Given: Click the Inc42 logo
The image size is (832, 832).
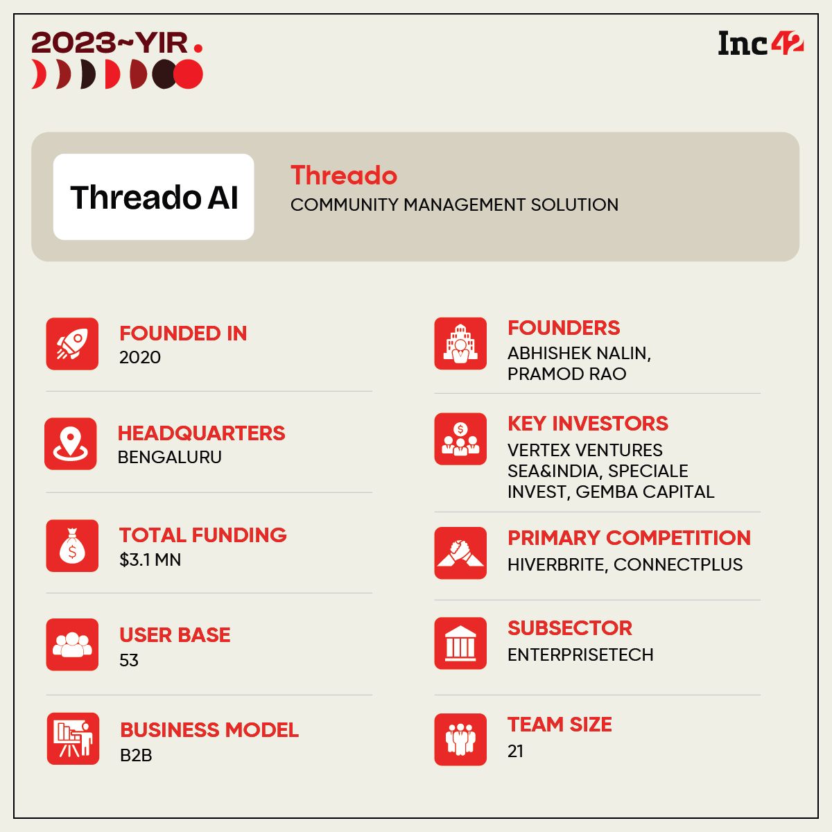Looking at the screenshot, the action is click(x=761, y=43).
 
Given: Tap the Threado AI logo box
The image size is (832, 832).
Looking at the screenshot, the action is click(x=153, y=197).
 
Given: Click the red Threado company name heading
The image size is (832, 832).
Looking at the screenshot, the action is click(x=344, y=175).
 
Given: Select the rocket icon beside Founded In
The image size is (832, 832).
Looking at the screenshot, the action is click(x=72, y=344).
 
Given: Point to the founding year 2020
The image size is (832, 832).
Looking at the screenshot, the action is click(x=140, y=358).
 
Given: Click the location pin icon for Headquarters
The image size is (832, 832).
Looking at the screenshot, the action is click(x=71, y=444).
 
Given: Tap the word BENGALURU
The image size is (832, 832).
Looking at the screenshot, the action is click(x=170, y=457).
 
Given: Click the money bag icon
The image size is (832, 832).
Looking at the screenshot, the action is click(x=72, y=546).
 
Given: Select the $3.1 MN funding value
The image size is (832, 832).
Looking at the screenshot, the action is click(x=150, y=560).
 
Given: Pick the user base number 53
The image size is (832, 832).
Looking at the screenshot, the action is click(x=129, y=660).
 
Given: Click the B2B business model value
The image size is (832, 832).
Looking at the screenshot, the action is click(x=136, y=756).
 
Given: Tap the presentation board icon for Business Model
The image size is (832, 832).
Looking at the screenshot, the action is click(x=73, y=738).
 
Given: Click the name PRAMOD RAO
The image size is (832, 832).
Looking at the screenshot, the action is click(x=567, y=374).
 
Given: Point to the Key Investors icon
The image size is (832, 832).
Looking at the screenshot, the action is click(x=460, y=439).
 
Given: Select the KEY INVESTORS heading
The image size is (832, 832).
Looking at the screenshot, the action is click(x=588, y=424).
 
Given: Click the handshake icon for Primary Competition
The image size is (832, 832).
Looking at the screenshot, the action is click(x=460, y=553).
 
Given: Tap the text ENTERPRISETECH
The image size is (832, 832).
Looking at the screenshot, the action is click(x=580, y=655).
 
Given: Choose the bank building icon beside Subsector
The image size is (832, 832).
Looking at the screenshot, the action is click(x=460, y=643).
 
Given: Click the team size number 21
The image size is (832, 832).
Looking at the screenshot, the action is click(x=516, y=752).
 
